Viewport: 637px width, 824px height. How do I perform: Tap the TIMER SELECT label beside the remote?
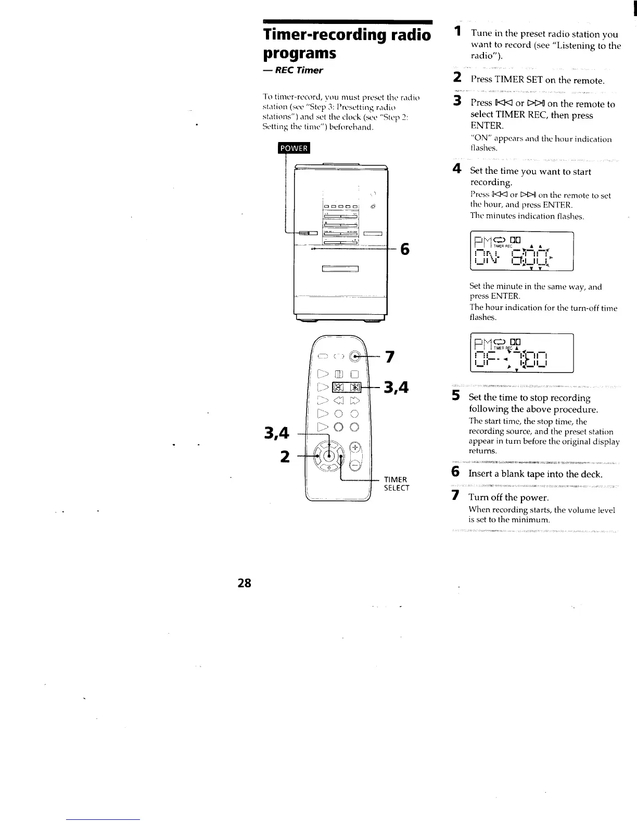tap(397, 484)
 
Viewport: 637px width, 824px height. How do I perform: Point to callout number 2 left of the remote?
tap(285, 456)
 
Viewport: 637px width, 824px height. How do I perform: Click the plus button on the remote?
tap(355, 447)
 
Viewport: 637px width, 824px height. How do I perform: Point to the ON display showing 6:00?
tap(521, 251)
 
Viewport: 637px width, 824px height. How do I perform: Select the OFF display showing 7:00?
tap(521, 353)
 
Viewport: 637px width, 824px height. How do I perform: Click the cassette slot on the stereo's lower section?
tap(341, 269)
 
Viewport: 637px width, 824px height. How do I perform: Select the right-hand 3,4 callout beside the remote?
tap(396, 388)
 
